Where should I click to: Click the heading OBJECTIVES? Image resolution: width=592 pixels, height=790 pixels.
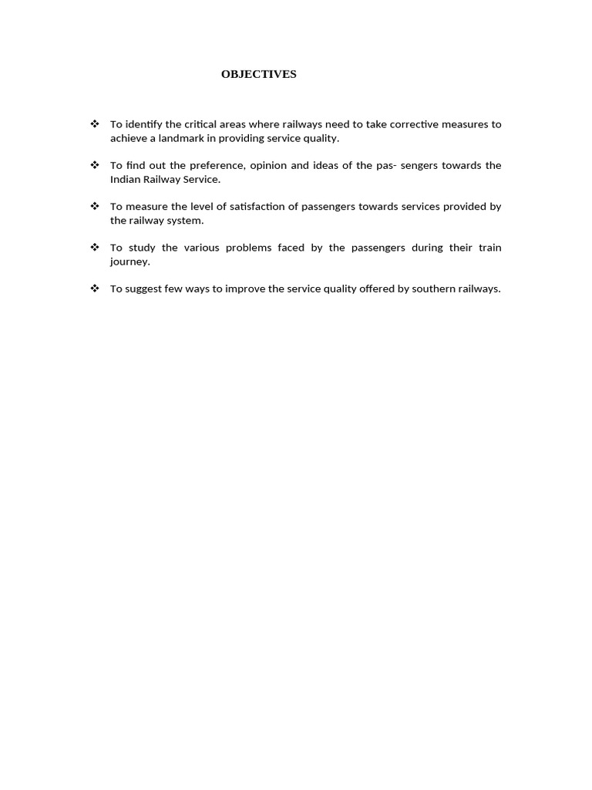258,75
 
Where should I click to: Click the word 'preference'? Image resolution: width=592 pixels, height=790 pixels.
215,165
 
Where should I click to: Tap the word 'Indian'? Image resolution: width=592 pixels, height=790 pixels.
125,179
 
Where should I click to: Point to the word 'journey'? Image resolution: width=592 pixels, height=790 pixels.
129,262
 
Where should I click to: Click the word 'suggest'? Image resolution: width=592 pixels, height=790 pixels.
143,289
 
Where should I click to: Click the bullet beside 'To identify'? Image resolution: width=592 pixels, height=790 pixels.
95,124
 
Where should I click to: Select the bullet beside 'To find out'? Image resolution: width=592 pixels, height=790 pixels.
95,165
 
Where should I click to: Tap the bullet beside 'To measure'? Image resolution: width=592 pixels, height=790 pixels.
95,206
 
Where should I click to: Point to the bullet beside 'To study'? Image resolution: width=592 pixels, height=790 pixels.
95,248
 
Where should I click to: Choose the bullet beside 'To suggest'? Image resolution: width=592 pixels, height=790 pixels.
95,289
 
